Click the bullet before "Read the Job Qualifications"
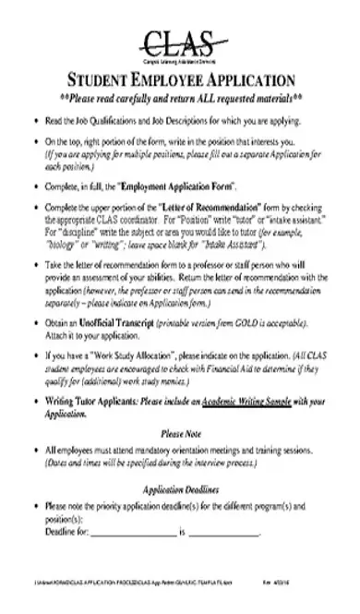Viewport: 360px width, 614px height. coord(35,121)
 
